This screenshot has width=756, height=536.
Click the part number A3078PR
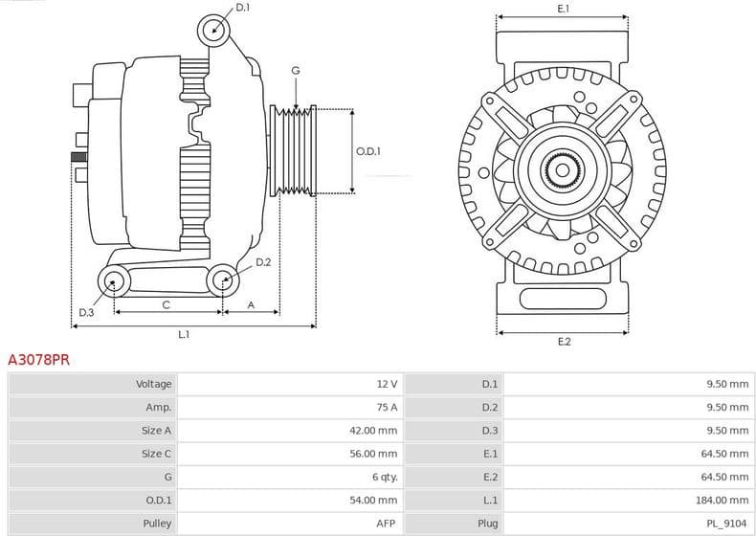(38, 361)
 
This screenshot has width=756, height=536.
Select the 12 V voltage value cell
(386, 384)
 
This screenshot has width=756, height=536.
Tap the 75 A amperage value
(386, 407)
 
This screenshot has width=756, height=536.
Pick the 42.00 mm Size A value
(373, 431)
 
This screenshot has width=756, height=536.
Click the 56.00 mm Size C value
(373, 454)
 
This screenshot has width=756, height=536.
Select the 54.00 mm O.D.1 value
(373, 500)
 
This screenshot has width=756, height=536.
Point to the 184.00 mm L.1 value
(723, 500)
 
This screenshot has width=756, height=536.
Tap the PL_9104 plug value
(728, 524)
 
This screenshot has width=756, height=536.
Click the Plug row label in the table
(487, 524)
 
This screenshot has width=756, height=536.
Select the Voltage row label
(153, 384)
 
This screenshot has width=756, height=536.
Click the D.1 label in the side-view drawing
(242, 8)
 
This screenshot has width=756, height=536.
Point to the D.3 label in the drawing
(86, 312)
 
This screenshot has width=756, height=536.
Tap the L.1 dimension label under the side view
(184, 334)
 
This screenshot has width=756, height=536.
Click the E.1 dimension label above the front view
(564, 9)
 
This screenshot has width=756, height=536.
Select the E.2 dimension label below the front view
(564, 342)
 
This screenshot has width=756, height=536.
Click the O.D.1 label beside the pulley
(368, 151)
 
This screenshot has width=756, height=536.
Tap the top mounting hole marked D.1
(214, 31)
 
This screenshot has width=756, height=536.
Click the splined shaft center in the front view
(563, 172)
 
